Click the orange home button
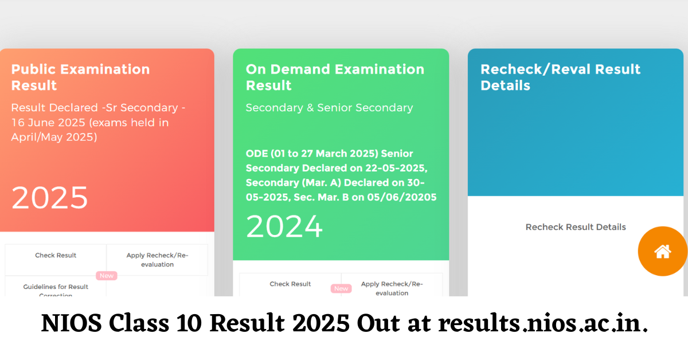pyautogui.click(x=663, y=251)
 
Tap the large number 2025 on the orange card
pyautogui.click(x=50, y=198)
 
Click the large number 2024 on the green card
pyautogui.click(x=284, y=226)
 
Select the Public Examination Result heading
pyautogui.click(x=80, y=77)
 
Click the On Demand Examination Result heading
pyautogui.click(x=335, y=77)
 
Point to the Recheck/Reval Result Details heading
pyautogui.click(x=560, y=77)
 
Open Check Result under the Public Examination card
pyautogui.click(x=56, y=256)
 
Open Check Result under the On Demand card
pyautogui.click(x=290, y=284)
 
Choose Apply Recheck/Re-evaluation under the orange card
pyautogui.click(x=157, y=260)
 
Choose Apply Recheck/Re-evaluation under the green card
pyautogui.click(x=392, y=288)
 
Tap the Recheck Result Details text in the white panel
pyautogui.click(x=576, y=227)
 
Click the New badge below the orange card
pyautogui.click(x=107, y=276)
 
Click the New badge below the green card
pyautogui.click(x=341, y=288)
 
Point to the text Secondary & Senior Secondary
pyautogui.click(x=329, y=108)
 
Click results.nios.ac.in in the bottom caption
pyautogui.click(x=543, y=324)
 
